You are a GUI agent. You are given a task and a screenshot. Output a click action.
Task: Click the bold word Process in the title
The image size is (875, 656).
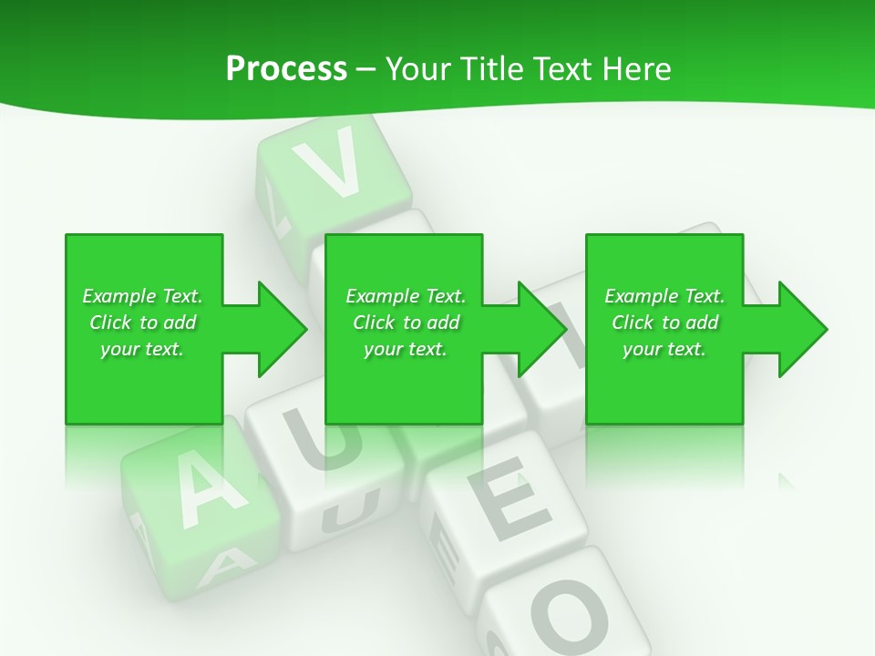pyautogui.click(x=286, y=69)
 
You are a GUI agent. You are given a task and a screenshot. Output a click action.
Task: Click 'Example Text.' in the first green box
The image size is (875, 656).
pyautogui.click(x=142, y=296)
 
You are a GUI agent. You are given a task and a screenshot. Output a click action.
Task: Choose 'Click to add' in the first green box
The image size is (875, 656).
pyautogui.click(x=142, y=323)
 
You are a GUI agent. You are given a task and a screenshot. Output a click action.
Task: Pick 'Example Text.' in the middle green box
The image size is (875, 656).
pyautogui.click(x=406, y=296)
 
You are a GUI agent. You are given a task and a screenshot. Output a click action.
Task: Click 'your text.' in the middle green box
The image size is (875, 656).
pyautogui.click(x=406, y=349)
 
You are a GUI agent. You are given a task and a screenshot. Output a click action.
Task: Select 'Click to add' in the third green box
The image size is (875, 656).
pyautogui.click(x=664, y=323)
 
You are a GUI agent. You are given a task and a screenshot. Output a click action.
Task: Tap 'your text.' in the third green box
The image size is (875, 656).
pyautogui.click(x=664, y=349)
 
